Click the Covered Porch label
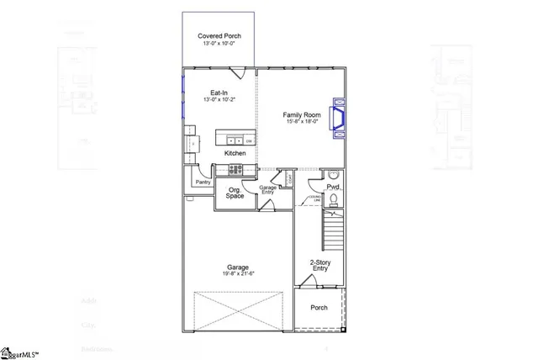tap(221, 35)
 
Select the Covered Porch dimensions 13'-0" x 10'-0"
tap(221, 44)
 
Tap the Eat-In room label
tap(219, 93)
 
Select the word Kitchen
tap(235, 154)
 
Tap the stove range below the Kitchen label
tap(235, 169)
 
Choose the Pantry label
tap(203, 182)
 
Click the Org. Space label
tap(235, 193)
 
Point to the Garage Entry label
tap(267, 189)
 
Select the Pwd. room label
tap(333, 185)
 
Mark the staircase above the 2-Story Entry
tap(335, 229)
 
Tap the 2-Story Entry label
tap(319, 265)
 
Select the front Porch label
tap(319, 308)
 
